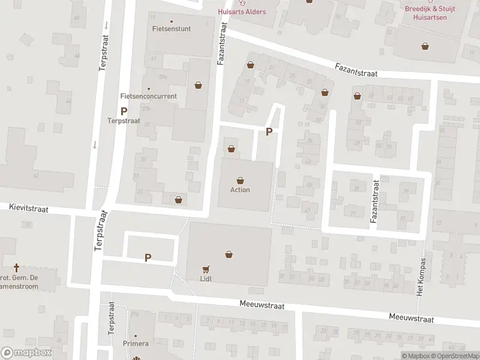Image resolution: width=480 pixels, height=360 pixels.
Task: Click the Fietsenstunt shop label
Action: [172, 28]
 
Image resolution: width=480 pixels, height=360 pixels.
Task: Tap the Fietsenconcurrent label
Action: [148, 96]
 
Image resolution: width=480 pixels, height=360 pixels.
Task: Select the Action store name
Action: [240, 190]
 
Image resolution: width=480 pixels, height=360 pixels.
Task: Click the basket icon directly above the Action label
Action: [240, 180]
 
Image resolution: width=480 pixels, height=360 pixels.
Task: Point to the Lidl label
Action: [206, 279]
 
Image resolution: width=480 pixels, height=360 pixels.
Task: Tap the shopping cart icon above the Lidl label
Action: [206, 269]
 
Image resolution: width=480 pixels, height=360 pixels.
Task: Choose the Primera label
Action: [135, 344]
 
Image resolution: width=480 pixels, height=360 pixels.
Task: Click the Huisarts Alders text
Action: [242, 11]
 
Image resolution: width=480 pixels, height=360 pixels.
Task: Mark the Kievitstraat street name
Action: [29, 207]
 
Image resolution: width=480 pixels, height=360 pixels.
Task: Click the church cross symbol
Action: [16, 267]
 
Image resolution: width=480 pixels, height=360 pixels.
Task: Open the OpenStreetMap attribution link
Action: [454, 356]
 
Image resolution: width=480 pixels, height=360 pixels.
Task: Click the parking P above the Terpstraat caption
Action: [124, 111]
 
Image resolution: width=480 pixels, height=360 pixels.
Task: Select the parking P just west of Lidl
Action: [148, 257]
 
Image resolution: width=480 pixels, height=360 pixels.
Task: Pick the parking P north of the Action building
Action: [269, 132]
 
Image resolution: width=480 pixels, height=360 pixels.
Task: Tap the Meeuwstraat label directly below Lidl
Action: [262, 305]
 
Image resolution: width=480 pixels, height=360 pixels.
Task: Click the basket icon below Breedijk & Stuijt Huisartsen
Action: [425, 45]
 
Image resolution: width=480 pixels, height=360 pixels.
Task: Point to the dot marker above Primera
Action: [135, 336]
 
